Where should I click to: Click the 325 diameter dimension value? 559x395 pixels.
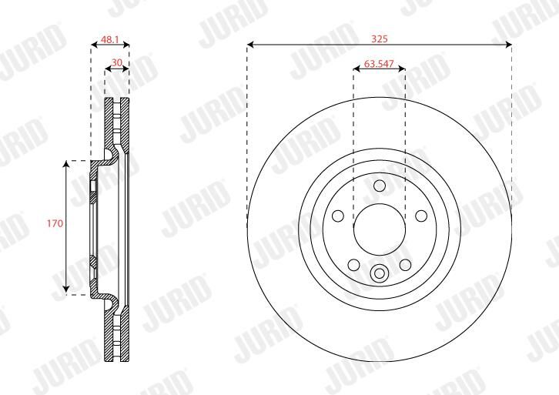tap(380, 38)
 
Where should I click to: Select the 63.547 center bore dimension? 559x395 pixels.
tap(379, 64)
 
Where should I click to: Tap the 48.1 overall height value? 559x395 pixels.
tap(109, 39)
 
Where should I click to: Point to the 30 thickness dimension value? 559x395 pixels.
tap(117, 62)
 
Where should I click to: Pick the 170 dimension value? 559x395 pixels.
tap(55, 223)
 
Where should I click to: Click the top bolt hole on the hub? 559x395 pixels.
tap(380, 186)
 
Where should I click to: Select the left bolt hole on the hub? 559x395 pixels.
tap(338, 216)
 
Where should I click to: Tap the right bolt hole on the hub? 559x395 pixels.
tap(421, 216)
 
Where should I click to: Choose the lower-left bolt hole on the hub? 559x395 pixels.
tap(354, 265)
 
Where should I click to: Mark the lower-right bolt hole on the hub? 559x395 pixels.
tap(405, 265)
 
